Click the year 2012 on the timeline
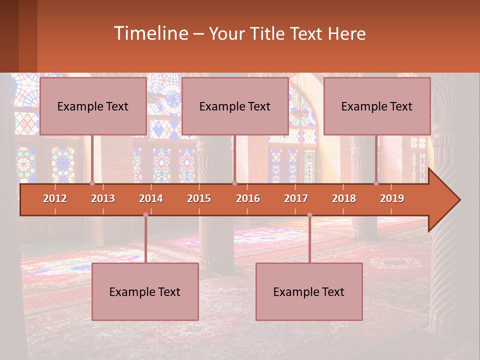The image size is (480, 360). click(55, 198)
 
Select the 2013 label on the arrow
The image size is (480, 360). click(103, 198)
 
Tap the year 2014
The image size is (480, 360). click(151, 198)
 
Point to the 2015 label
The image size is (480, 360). click(199, 198)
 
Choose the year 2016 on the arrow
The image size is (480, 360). click(248, 198)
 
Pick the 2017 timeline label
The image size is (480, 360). click(296, 198)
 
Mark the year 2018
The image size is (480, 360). click(344, 198)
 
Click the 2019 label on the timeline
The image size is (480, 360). click(392, 198)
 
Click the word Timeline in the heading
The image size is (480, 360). click(149, 33)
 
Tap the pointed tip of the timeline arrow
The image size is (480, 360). click(458, 200)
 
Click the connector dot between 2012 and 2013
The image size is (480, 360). click(92, 183)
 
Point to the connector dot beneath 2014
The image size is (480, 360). click(145, 215)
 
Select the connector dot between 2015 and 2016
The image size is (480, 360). click(234, 183)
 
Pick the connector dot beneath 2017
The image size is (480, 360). click(309, 215)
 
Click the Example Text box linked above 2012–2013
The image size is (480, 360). click(93, 106)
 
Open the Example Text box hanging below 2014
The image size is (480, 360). click(145, 291)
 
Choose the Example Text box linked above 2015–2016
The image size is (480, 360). click(235, 106)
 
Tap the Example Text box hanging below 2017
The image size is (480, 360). click(309, 291)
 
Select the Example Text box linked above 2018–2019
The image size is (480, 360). click(377, 106)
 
